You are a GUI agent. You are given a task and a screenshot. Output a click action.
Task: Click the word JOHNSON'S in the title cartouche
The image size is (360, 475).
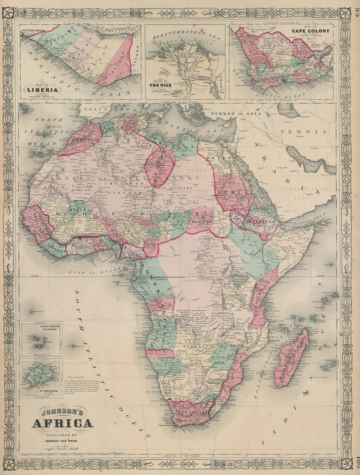[x=62, y=412]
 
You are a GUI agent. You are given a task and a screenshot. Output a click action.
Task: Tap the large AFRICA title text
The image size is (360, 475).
[x=62, y=423]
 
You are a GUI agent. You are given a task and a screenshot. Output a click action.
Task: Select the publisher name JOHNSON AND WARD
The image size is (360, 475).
[x=62, y=441]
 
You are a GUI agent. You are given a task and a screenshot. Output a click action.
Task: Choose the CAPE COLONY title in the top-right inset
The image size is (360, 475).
[x=310, y=31]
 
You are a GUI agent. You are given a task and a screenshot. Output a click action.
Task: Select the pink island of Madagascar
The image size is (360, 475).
[x=291, y=358]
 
